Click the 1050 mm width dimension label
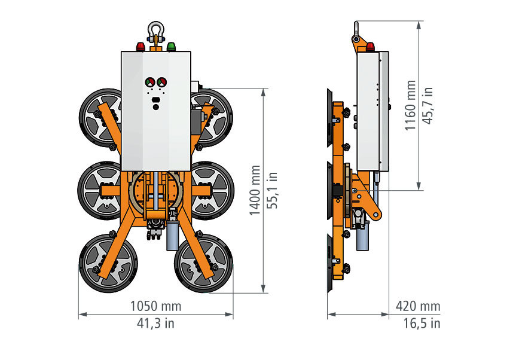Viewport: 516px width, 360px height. [x=155, y=306]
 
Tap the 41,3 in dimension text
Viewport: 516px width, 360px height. [x=155, y=323]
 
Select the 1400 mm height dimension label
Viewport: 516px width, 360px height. [x=255, y=191]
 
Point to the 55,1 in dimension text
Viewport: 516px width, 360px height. [x=272, y=191]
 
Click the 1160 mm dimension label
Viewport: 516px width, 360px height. [x=410, y=105]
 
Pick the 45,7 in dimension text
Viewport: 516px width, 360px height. [x=427, y=105]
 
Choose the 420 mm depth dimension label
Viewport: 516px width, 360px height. [x=418, y=306]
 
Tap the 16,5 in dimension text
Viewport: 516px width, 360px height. [x=422, y=323]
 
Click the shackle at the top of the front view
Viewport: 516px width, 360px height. [x=155, y=32]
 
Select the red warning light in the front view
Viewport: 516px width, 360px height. [x=141, y=47]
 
